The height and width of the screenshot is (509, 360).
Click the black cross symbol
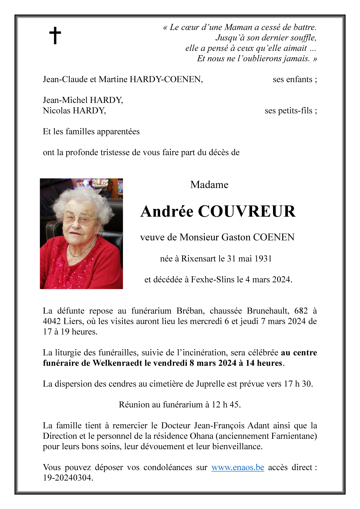tap(55, 35)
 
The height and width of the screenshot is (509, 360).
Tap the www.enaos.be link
tap(237, 467)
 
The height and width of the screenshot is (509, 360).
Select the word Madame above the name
tap(209, 185)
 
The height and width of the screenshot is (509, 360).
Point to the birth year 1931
tap(263, 259)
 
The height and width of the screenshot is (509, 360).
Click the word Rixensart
tap(199, 259)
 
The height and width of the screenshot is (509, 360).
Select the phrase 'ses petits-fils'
tap(288, 111)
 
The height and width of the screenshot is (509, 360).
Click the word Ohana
tap(202, 436)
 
